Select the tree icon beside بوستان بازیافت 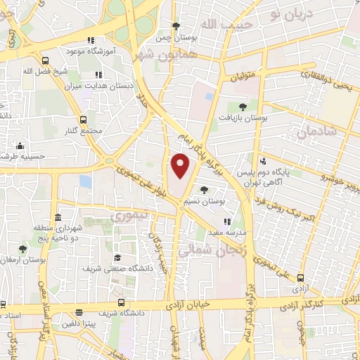point(243,107)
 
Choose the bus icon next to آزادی point(301,278)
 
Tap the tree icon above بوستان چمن point(175,26)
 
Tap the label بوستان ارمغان point(22,259)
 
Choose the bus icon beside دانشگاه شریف point(78,311)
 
